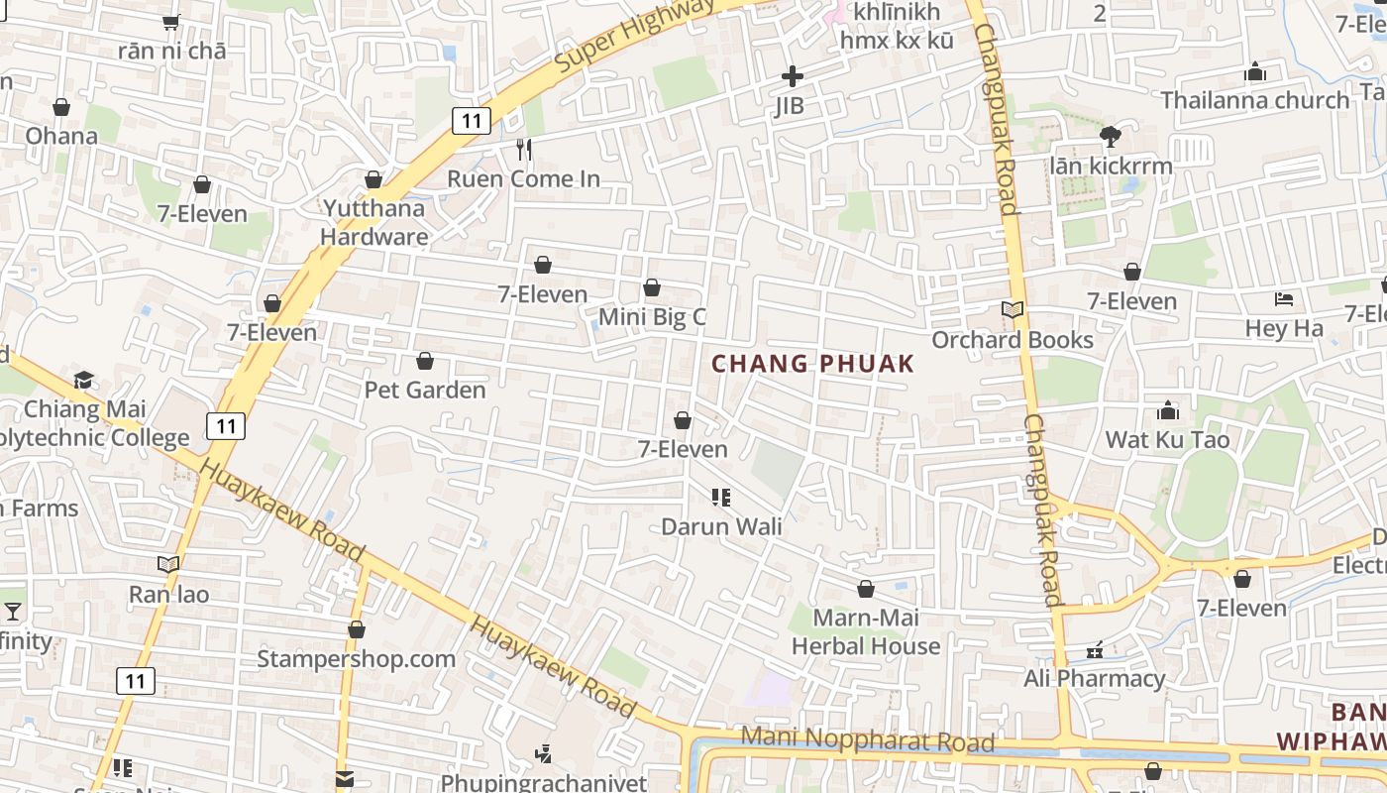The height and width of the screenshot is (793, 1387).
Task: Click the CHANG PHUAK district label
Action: [x=812, y=364]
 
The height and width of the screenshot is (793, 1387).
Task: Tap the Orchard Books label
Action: [x=1013, y=340]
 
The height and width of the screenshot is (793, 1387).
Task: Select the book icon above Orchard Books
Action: [x=1012, y=310]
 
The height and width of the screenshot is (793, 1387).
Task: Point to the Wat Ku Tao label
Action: [x=1167, y=439]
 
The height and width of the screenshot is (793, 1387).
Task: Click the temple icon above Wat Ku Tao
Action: [x=1168, y=410]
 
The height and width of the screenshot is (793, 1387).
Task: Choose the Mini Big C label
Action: [x=652, y=317]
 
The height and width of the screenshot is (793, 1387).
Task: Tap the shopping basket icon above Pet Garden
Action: [x=425, y=361]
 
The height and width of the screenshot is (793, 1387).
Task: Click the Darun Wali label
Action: [x=721, y=526]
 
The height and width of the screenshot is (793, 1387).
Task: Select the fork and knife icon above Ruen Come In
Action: [x=524, y=150]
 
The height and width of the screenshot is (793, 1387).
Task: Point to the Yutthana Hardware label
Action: [x=373, y=222]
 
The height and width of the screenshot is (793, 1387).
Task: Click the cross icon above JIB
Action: [x=792, y=76]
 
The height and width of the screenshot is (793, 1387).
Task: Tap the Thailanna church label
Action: [x=1254, y=100]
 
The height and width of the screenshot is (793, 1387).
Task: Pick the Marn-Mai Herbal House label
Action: [x=866, y=631]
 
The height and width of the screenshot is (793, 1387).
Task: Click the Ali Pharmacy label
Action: [x=1094, y=678]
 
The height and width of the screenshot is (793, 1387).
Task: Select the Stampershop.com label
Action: [x=357, y=659]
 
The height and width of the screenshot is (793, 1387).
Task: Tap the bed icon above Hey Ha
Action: [x=1284, y=298]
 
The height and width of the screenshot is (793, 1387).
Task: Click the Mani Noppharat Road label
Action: [x=868, y=739]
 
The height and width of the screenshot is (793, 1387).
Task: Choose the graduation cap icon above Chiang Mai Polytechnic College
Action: [x=84, y=381]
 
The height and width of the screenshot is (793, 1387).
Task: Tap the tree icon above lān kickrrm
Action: [x=1110, y=136]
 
